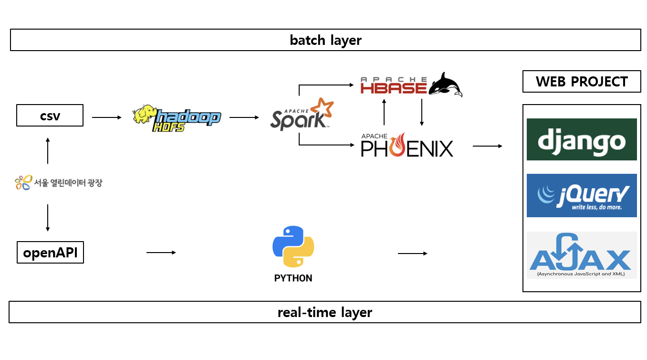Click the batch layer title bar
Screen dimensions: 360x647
(325, 40)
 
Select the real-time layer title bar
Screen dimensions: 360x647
(324, 312)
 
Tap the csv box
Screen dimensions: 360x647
(50, 116)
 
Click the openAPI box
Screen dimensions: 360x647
(50, 253)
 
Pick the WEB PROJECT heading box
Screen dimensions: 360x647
(582, 82)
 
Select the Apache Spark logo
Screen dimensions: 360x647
(302, 115)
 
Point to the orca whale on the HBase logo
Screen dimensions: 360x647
(445, 85)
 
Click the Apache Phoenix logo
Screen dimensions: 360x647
(407, 146)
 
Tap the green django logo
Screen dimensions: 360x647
(582, 139)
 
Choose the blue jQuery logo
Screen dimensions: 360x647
(582, 195)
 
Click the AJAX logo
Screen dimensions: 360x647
(582, 255)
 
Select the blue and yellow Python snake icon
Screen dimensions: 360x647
(293, 246)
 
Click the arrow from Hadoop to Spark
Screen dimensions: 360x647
(244, 117)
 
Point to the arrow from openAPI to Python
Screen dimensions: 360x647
(161, 253)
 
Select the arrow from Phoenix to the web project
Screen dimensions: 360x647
(488, 146)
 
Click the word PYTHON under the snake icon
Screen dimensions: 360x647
(293, 278)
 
